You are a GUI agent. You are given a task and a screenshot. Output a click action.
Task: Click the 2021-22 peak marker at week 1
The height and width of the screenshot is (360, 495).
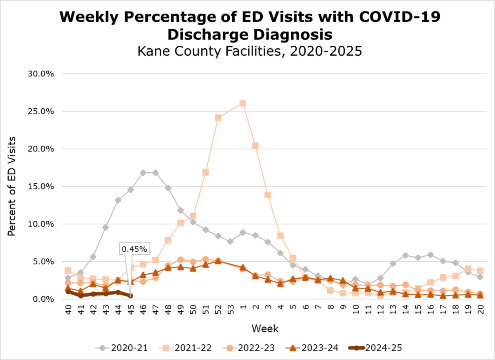click(x=243, y=103)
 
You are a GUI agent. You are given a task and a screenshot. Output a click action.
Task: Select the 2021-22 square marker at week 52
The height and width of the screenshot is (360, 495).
click(x=218, y=118)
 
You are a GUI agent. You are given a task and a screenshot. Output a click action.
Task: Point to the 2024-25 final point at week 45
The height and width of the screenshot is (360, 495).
click(x=130, y=296)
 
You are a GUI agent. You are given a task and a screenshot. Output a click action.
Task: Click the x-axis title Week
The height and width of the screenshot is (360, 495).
click(x=265, y=329)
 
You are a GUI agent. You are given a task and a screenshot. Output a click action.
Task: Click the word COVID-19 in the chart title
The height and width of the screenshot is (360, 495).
click(x=399, y=17)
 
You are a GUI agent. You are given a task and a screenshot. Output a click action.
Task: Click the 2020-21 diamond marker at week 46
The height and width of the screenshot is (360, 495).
click(x=143, y=173)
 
